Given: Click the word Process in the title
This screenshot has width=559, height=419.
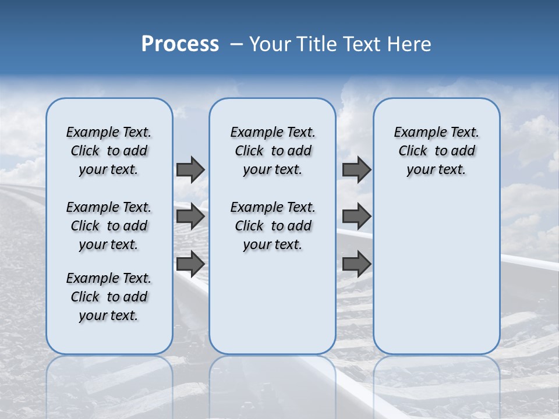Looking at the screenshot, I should pos(180,44).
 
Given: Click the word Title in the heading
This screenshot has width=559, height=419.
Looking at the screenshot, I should pos(314,44).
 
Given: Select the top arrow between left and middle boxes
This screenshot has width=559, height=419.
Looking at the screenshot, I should pos(190,169).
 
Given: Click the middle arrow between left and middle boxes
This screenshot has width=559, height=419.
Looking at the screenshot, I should pos(190,216).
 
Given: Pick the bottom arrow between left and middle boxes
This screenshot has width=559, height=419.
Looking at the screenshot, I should pos(190,264).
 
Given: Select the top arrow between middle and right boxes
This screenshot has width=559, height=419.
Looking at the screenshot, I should pos(356,169).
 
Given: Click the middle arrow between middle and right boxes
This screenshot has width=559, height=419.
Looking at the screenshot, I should pos(356,216).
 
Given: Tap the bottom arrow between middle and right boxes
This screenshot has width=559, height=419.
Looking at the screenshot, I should pos(356,264).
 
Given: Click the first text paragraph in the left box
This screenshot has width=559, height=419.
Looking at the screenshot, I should pos(109,151).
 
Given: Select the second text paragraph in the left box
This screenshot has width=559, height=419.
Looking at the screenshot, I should pos(109,226).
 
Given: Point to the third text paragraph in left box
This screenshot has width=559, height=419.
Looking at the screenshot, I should pos(109,297).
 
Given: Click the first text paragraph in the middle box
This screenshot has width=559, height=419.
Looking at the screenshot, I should pos(273,151).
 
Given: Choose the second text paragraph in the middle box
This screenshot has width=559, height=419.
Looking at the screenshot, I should pos(273,226).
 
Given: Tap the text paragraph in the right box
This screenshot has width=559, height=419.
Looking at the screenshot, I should pos(437,151).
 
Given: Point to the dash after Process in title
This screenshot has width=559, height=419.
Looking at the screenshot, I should pos(236,44).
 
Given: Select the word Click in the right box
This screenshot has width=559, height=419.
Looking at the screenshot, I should pos(413,151).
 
